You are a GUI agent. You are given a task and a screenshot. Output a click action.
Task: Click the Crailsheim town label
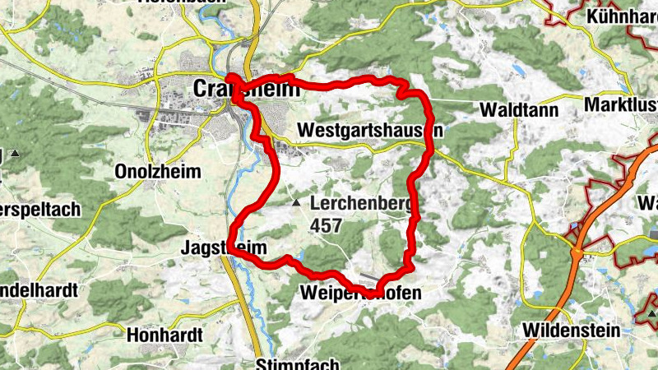247,88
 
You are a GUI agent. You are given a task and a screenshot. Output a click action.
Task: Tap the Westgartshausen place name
370,131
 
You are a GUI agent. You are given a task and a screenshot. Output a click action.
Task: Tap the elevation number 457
328,224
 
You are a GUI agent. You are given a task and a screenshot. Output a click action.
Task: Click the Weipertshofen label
361,294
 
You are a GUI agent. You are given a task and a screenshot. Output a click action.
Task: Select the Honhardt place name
163,335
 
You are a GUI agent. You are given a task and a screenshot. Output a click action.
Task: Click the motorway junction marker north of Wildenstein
578,246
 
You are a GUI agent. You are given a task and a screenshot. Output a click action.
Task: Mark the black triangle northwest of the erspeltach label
14,154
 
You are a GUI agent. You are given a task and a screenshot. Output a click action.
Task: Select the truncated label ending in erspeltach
40,209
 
